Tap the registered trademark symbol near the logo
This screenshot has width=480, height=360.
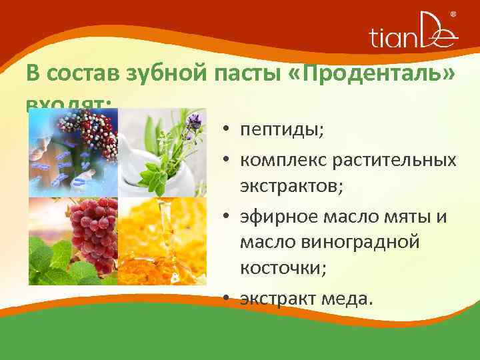pyautogui.click(x=453, y=14)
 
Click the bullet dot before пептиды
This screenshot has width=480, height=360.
pyautogui.click(x=227, y=129)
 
